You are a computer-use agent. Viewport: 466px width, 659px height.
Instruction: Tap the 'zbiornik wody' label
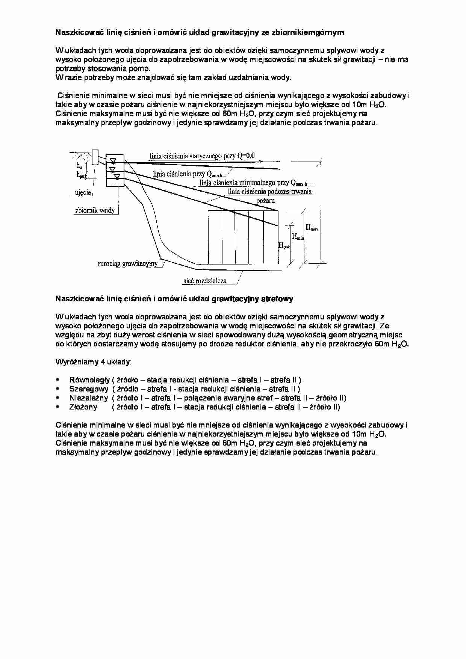(95, 211)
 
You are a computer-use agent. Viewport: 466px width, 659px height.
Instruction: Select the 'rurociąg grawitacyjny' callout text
(127, 264)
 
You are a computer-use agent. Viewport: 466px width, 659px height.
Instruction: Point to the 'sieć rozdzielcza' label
(205, 281)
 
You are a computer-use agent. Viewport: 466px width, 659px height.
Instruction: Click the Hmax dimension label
(312, 227)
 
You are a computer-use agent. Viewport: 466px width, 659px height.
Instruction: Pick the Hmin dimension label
(298, 237)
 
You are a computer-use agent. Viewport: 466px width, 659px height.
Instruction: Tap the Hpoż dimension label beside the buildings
(284, 246)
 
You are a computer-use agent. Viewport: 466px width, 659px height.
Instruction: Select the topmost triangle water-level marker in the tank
(113, 161)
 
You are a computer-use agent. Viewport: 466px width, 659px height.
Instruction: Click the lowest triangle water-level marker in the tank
(116, 176)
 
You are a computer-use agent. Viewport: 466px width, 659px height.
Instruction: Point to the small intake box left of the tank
(95, 157)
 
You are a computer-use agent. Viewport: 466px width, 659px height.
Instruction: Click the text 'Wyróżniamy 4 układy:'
(94, 362)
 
